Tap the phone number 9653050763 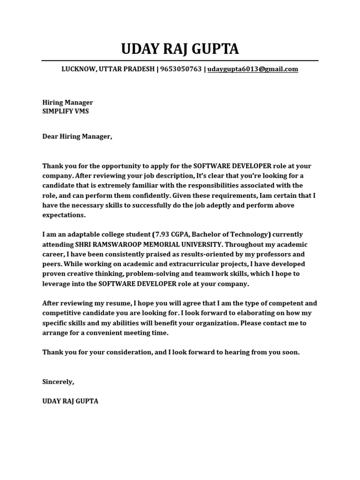pos(181,69)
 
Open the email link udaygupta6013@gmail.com pos(253,69)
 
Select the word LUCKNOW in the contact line pos(78,69)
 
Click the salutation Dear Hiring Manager pos(77,136)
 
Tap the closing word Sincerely pos(58,382)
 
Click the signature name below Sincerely pos(70,401)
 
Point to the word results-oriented pos(173,254)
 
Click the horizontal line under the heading pos(180,60)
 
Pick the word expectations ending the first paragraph pos(64,215)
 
